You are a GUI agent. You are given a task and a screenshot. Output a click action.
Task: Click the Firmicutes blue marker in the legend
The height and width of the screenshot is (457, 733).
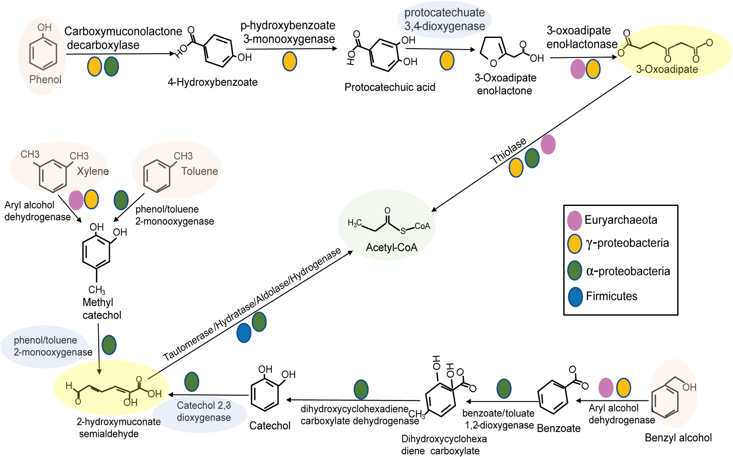(x=575, y=297)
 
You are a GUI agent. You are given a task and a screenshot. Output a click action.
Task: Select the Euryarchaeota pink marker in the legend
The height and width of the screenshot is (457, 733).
(x=574, y=220)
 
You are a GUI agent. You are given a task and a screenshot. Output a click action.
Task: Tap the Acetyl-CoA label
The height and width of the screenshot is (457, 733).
(x=391, y=248)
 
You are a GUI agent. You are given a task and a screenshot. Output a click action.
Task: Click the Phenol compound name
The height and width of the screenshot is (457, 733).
(x=45, y=80)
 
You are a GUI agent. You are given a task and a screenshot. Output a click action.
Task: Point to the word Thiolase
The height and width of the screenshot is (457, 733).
(x=508, y=151)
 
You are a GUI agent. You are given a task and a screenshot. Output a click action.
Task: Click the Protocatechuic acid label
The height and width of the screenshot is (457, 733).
(x=390, y=87)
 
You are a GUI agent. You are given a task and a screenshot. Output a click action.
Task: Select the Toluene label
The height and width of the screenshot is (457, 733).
(x=200, y=171)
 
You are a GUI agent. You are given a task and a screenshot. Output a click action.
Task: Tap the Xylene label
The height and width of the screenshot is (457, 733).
(x=93, y=171)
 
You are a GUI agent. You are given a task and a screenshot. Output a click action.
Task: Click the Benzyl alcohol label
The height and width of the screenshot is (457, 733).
(x=678, y=438)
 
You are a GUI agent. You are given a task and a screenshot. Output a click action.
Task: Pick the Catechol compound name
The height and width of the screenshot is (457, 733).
(x=270, y=426)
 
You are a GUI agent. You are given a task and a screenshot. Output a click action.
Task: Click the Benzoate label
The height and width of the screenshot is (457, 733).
(x=558, y=428)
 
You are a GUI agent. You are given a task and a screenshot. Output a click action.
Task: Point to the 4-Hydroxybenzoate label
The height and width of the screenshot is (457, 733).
(x=213, y=82)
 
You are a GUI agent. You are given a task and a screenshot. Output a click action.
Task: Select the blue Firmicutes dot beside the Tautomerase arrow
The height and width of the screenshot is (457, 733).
(x=244, y=333)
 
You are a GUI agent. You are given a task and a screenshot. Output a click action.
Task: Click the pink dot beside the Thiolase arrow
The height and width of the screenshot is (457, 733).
(x=548, y=144)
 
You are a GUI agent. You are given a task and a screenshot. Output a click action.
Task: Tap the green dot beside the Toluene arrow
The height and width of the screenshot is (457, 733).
(x=121, y=200)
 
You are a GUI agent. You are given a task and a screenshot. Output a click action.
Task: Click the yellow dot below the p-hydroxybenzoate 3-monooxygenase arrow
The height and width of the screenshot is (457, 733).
(x=289, y=61)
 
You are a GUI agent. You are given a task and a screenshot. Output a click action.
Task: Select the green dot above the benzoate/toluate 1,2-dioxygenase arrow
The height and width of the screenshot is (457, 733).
(x=504, y=388)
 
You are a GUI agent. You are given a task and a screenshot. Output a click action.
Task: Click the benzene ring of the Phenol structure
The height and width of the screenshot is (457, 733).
(x=43, y=54)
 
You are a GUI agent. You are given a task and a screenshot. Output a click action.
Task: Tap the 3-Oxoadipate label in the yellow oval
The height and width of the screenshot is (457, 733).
(x=667, y=69)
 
